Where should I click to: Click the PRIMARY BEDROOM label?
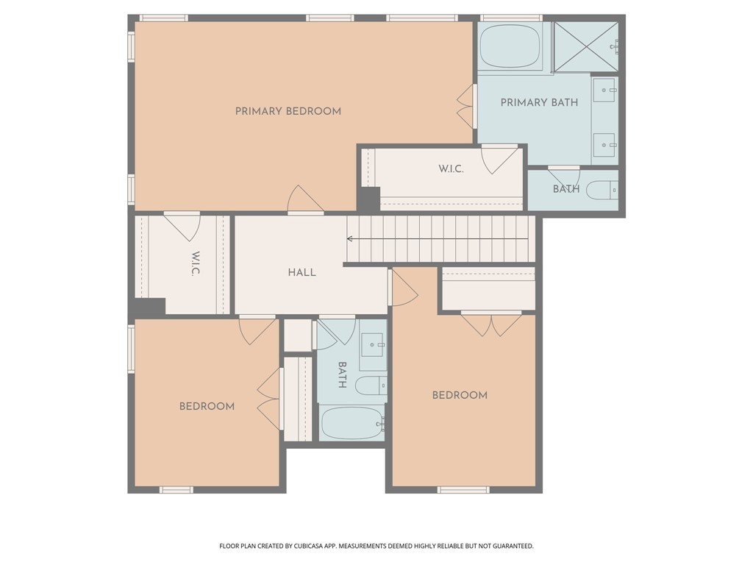[288, 111]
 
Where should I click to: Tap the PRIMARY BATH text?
[539, 102]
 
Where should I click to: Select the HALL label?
[301, 272]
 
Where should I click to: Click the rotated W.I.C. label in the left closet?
[196, 264]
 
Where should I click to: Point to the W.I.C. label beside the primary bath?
[451, 169]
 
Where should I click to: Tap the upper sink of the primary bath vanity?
[604, 92]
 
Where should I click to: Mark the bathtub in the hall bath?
[352, 423]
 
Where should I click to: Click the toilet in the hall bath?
[371, 385]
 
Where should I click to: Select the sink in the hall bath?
[373, 344]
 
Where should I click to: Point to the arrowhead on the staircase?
[350, 238]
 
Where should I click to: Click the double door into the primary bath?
[465, 107]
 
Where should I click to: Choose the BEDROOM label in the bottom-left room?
[207, 406]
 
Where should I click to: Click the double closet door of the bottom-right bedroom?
[491, 324]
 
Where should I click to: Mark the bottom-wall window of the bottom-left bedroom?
[176, 489]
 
